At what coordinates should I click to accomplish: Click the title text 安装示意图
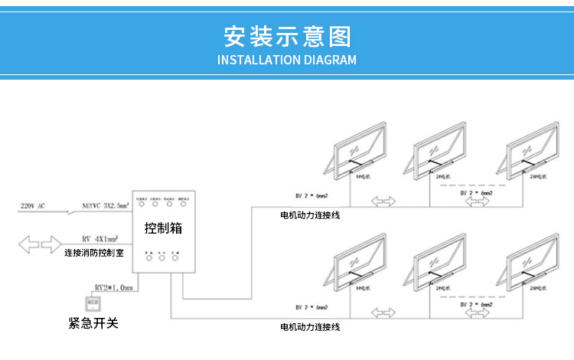[287, 36]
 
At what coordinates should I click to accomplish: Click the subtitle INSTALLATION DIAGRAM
[287, 60]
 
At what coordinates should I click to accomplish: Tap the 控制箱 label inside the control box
[164, 227]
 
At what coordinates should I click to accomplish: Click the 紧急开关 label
[93, 323]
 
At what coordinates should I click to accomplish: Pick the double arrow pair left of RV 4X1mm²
[38, 246]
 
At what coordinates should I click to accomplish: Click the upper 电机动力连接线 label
[310, 215]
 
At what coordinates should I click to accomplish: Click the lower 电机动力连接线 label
[310, 327]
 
